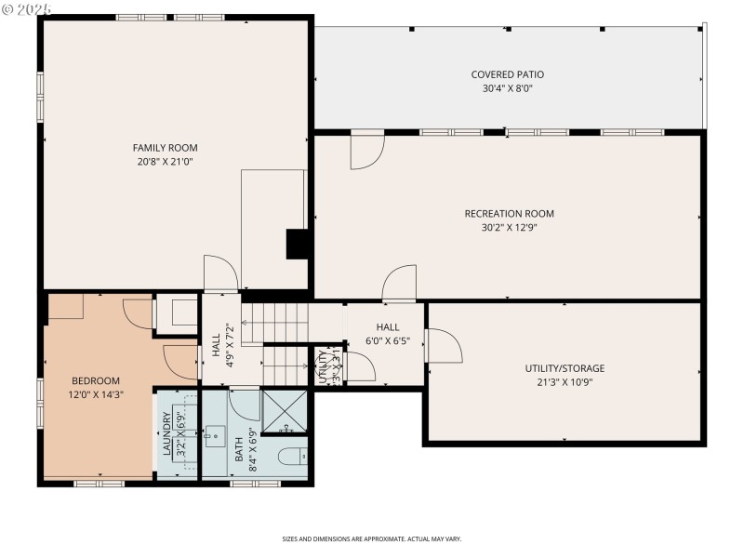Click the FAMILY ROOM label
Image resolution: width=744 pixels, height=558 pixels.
click(x=165, y=148)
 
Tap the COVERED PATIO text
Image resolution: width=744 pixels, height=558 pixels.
click(x=507, y=74)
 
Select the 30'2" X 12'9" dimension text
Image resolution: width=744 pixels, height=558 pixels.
click(x=509, y=227)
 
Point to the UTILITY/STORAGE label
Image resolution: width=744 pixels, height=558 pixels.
click(x=565, y=368)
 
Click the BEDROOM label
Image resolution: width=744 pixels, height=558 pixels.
click(x=97, y=380)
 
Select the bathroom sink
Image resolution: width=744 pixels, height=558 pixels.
click(x=215, y=434)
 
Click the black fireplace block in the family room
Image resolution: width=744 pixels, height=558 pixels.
click(x=297, y=244)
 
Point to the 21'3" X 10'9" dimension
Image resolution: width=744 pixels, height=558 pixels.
click(x=565, y=381)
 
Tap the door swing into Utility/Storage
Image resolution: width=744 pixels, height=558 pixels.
click(x=444, y=346)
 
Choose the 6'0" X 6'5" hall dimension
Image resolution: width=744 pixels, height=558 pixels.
click(x=388, y=340)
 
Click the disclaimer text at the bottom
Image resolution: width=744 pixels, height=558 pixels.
click(x=372, y=538)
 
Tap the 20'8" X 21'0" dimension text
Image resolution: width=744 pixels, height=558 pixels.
click(x=165, y=161)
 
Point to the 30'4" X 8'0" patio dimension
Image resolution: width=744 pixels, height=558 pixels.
click(x=507, y=88)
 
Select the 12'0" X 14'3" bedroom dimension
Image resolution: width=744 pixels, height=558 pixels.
click(x=97, y=394)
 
